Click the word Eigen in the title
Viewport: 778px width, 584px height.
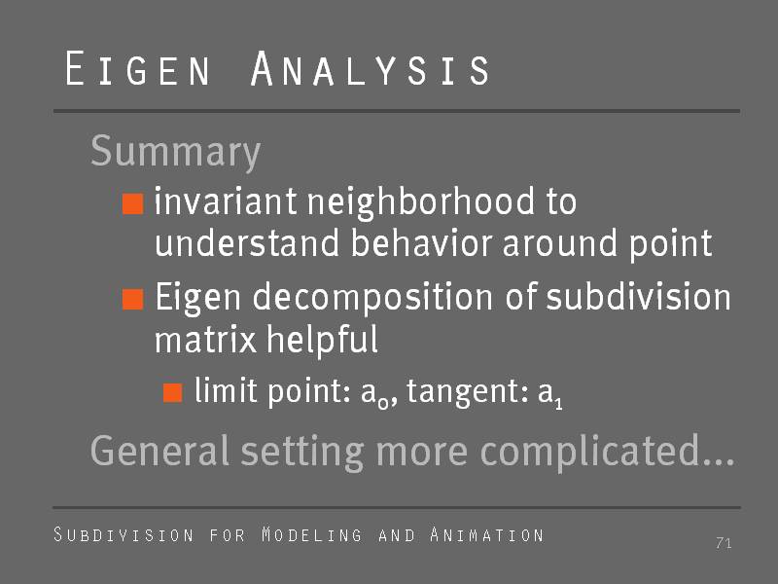tap(137, 68)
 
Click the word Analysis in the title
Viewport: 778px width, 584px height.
tap(370, 68)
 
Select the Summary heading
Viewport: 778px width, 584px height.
tap(175, 152)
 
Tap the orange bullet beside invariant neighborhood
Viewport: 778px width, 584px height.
tap(133, 203)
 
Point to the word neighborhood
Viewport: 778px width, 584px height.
tap(421, 203)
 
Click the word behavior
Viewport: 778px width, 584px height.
tap(421, 242)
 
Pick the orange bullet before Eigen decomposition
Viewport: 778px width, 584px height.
tap(133, 299)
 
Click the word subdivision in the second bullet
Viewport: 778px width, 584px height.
tap(638, 296)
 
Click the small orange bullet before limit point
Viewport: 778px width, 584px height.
tap(173, 392)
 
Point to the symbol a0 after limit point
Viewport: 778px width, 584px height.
tap(375, 394)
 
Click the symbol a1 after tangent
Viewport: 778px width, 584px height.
tap(550, 394)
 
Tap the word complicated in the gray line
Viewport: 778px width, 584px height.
tap(607, 452)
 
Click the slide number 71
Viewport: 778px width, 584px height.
tap(724, 543)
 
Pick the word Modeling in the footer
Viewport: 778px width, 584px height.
tap(311, 534)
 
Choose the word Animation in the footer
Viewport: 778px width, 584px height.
tap(487, 534)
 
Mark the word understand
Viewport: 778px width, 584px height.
tap(248, 242)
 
